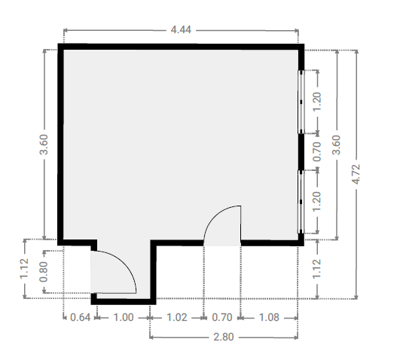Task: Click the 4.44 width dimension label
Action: (x=181, y=30)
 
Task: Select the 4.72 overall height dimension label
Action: (x=356, y=174)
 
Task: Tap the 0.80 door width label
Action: (x=44, y=272)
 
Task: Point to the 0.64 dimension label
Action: (x=80, y=318)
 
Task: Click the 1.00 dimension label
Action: (x=124, y=318)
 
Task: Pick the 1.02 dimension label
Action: (x=177, y=318)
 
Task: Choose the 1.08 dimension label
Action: (x=269, y=318)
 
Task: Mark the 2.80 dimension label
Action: (x=224, y=337)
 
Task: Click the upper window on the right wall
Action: (x=301, y=102)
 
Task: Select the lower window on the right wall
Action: (x=301, y=202)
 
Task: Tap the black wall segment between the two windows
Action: (x=301, y=152)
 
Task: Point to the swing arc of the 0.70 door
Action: (x=215, y=215)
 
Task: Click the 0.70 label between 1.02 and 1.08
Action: (x=222, y=318)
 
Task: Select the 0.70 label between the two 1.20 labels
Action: (x=316, y=152)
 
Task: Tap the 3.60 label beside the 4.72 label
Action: (x=336, y=145)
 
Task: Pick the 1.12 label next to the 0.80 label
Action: (x=24, y=269)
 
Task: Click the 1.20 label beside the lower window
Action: (x=316, y=201)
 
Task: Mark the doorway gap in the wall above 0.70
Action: (x=222, y=243)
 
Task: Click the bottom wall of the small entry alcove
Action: (x=124, y=301)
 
